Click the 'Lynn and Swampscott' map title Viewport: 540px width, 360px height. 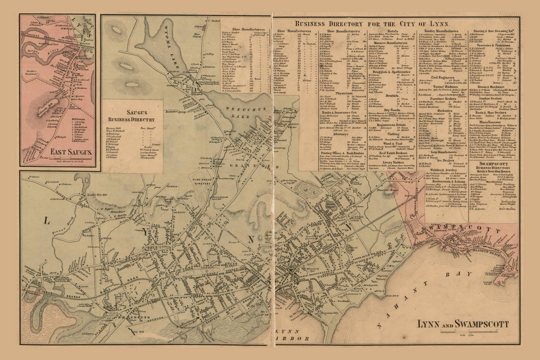pyautogui.click(x=463, y=323)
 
